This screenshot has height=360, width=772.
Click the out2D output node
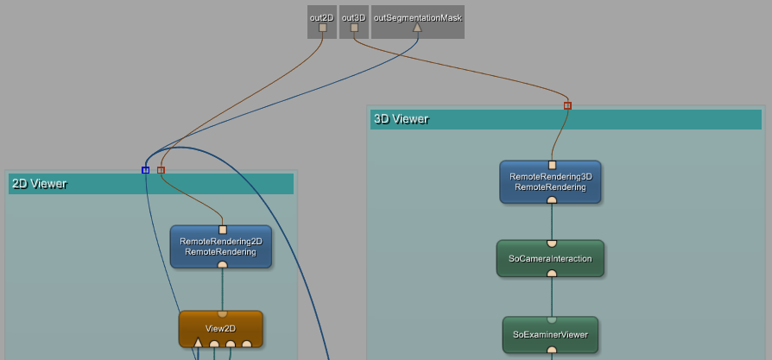tap(322, 17)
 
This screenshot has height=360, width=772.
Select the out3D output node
tap(353, 17)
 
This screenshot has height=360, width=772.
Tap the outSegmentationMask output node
tap(417, 17)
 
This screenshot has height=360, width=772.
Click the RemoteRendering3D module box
tap(550, 182)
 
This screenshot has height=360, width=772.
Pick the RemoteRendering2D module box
tap(221, 247)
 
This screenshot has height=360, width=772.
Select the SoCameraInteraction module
tap(550, 258)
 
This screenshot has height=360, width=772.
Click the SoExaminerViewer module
tap(550, 334)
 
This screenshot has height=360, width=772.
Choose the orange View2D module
tap(220, 328)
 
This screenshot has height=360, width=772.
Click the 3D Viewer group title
tap(401, 119)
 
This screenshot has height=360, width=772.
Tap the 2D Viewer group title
tap(39, 183)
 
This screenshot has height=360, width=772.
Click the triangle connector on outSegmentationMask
tap(417, 27)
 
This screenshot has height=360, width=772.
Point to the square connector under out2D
tap(322, 28)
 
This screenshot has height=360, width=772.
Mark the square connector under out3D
tap(354, 28)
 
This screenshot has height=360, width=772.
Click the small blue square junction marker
tap(145, 170)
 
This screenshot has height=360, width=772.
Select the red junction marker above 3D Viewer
tap(567, 105)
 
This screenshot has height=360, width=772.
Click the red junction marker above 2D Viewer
tap(161, 170)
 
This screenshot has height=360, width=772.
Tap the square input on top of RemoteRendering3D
tap(552, 165)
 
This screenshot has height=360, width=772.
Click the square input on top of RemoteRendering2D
tap(223, 230)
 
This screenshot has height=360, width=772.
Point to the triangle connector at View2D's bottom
tap(198, 344)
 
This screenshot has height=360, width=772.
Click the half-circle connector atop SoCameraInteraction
tap(551, 243)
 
